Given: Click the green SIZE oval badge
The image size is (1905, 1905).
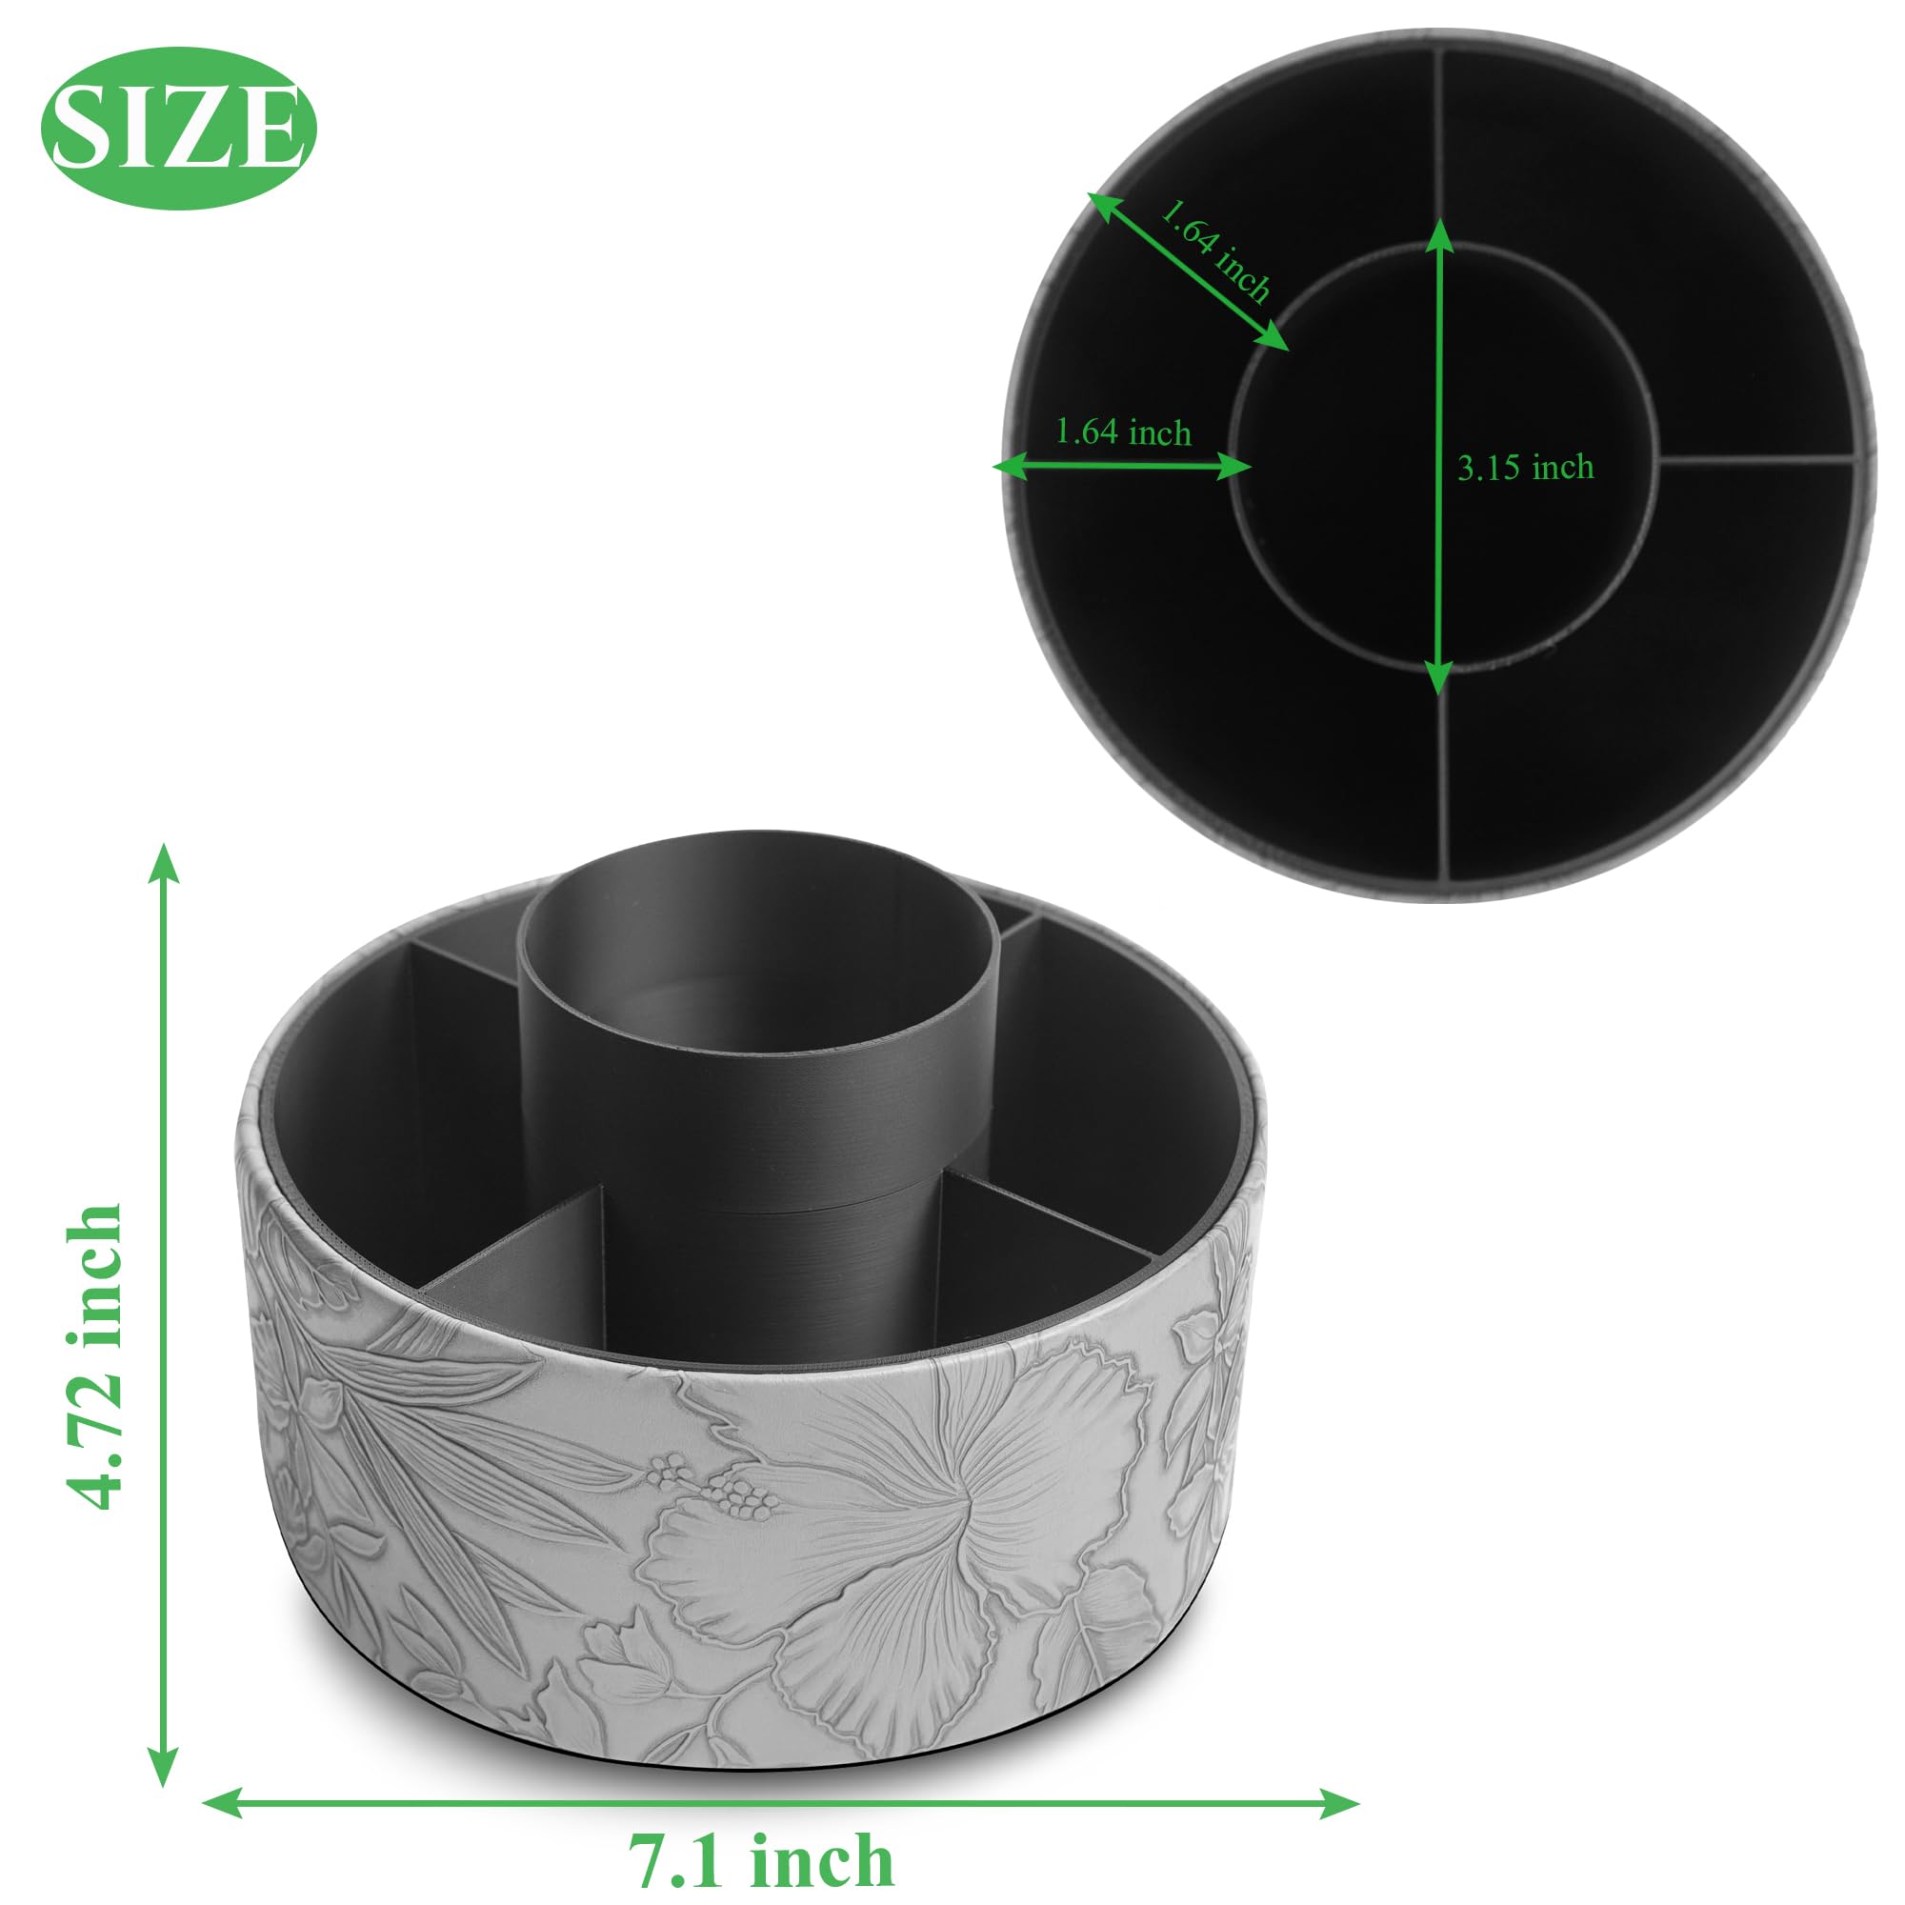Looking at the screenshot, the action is click(178, 129).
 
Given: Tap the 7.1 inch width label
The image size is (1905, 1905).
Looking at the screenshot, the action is click(761, 1834).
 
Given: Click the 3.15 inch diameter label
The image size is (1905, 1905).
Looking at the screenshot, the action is click(1525, 467).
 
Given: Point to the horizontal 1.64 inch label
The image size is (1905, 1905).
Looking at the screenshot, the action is click(1123, 431).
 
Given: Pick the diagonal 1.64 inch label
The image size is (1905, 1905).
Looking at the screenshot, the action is click(1214, 251).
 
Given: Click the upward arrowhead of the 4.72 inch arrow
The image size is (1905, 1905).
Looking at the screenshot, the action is click(163, 863).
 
